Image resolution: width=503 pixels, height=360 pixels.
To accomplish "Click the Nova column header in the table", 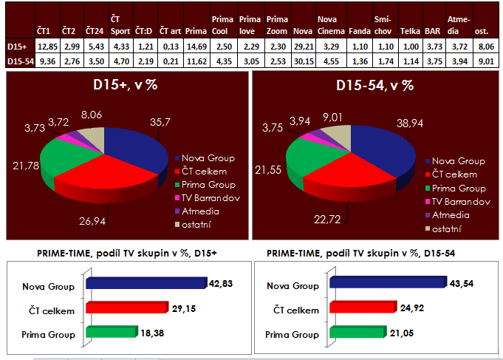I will coord(301,31).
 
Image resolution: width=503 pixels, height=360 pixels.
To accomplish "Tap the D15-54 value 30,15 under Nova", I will coord(301,61).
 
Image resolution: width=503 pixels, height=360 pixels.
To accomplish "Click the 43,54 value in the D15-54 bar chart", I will coord(463,285).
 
